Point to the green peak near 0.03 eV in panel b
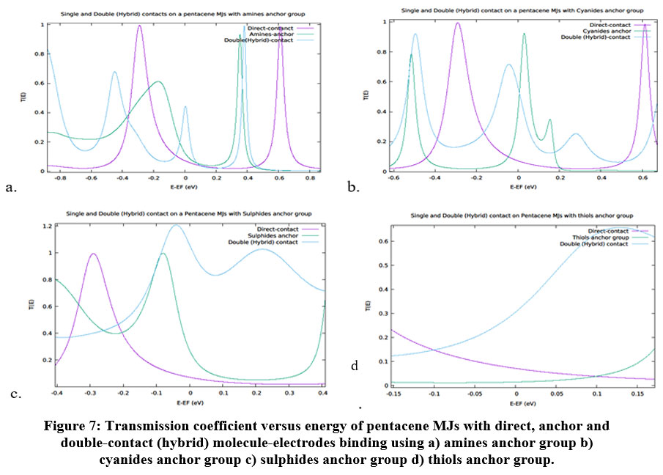point(524,34)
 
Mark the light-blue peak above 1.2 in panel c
point(176,226)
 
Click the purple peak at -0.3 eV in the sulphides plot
point(93,254)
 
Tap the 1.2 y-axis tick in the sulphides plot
point(48,226)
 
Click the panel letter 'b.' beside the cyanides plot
point(353,188)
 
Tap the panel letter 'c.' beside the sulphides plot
point(15,394)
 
